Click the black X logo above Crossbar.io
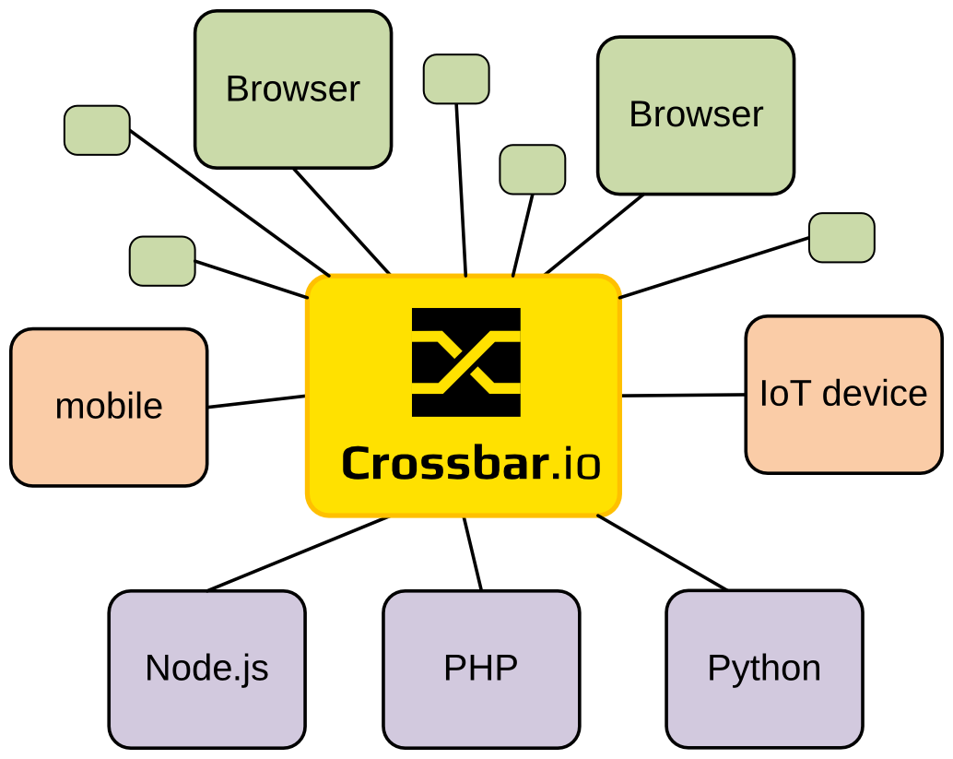point(465,362)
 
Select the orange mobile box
point(109,407)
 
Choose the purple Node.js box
point(206,669)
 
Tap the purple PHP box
point(481,669)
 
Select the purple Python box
point(764,669)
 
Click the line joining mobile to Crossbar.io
point(256,401)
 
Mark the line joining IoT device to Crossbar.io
point(683,395)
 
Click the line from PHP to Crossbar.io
point(473,553)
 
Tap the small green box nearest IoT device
point(841,238)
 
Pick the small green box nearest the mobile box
point(162,260)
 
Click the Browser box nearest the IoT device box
point(696,115)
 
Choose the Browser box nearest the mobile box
point(293,89)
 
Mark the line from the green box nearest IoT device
point(714,268)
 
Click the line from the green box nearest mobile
point(251,279)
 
